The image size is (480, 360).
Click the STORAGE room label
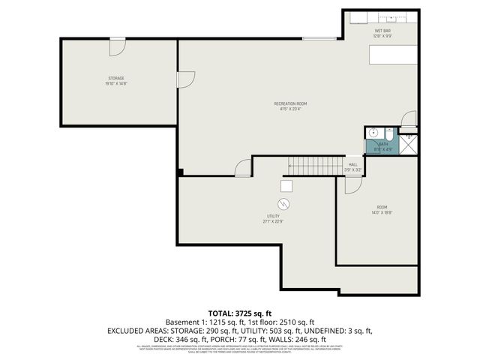(x=116, y=78)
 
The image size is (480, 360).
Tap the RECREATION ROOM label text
(x=290, y=103)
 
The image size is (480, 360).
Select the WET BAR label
(x=383, y=31)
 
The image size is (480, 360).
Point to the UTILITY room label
(x=273, y=217)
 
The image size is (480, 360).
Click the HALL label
(x=352, y=165)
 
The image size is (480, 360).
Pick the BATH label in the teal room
(x=383, y=143)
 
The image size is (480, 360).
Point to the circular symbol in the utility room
(x=285, y=204)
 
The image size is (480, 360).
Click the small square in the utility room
(x=286, y=186)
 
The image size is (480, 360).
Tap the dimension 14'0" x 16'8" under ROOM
(x=382, y=212)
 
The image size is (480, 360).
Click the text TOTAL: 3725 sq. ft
(x=239, y=313)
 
